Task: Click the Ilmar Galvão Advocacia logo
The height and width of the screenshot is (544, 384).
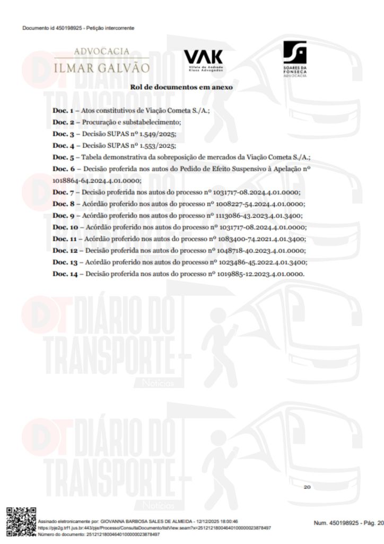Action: coord(101,61)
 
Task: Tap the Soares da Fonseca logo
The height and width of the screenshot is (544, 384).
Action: coord(295,59)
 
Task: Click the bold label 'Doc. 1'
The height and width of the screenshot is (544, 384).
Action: coord(62,110)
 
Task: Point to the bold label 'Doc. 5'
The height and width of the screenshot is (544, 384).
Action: coord(63,157)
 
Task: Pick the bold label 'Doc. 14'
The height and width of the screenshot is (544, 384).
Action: coord(65,274)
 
